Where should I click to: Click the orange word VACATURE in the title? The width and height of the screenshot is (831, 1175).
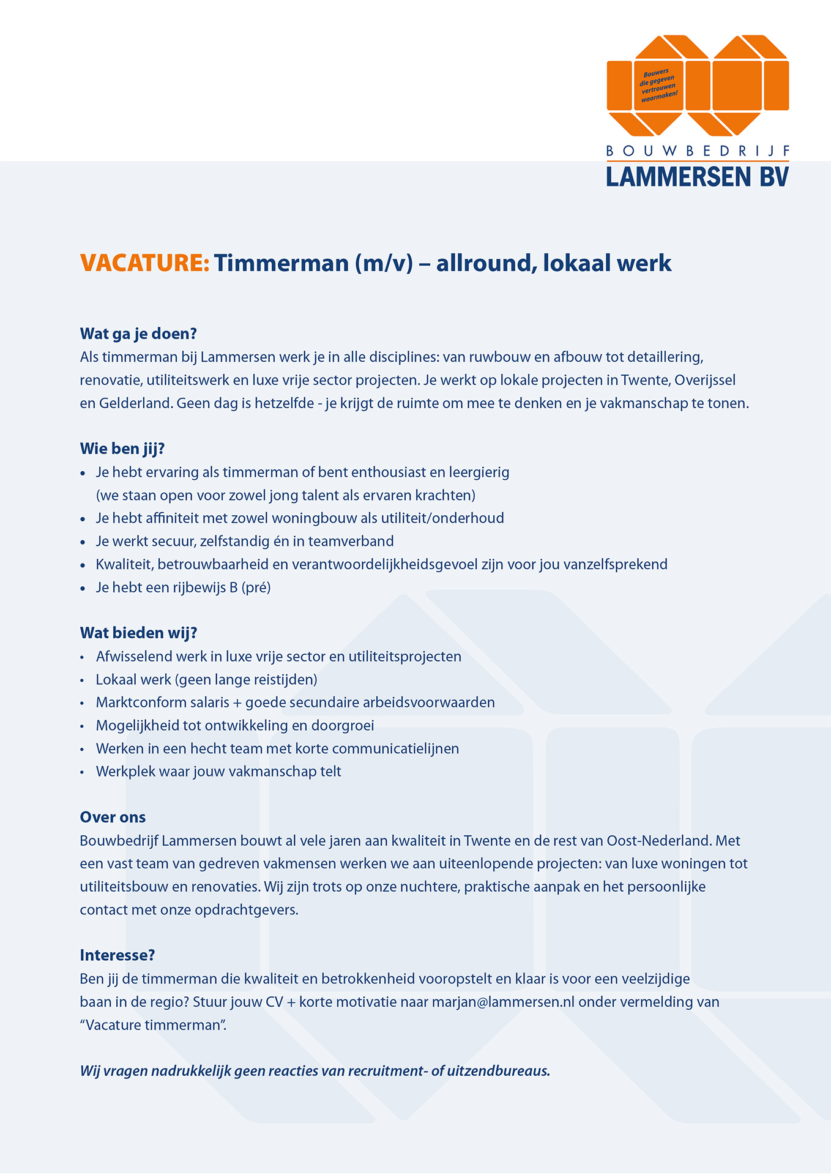144,263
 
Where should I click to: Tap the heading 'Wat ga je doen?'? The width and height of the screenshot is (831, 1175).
138,334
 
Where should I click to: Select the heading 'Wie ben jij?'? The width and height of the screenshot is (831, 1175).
122,449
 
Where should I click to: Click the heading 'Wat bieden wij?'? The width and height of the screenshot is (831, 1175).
138,633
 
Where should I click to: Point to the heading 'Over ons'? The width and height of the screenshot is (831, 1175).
113,817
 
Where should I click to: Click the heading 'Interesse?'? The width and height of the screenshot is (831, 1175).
117,955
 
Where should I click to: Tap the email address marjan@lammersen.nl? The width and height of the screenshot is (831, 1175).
503,1002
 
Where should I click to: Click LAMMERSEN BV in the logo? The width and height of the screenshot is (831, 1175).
697,177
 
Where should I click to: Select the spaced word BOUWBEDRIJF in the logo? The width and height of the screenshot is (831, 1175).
697,151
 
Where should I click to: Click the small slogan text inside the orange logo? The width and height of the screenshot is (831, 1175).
658,85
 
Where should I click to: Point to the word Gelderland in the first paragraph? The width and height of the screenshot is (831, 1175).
134,403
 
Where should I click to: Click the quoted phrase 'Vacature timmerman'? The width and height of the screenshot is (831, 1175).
153,1026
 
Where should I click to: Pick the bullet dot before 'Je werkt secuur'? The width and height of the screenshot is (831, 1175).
83,542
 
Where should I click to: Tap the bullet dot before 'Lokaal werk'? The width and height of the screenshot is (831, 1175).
83,681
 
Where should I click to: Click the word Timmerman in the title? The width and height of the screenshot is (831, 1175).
281,263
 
